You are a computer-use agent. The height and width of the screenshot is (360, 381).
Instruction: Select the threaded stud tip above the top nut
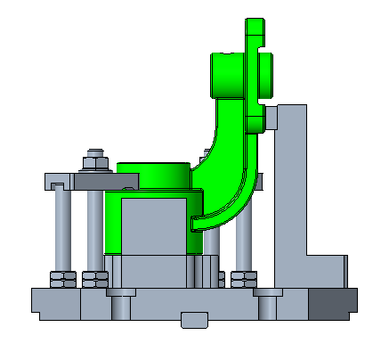click(x=94, y=152)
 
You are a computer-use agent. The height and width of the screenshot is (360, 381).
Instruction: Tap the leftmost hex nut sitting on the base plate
click(x=61, y=279)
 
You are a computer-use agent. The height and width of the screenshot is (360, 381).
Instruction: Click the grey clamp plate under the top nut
click(x=89, y=181)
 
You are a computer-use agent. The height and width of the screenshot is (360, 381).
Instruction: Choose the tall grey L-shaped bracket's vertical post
click(x=290, y=178)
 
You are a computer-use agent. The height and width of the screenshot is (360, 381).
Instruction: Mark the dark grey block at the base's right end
click(x=334, y=304)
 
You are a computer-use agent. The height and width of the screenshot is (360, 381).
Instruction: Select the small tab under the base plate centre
click(x=193, y=319)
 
